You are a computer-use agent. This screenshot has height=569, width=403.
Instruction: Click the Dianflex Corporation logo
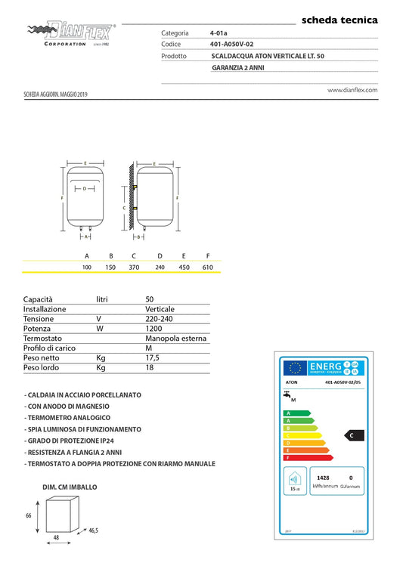click(71, 34)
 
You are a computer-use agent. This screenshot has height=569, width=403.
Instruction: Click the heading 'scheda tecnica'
click(339, 20)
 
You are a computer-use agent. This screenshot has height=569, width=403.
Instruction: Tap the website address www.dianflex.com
click(352, 89)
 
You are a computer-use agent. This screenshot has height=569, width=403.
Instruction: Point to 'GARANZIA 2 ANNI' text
click(238, 67)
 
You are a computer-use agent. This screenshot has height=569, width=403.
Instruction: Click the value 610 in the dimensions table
click(207, 267)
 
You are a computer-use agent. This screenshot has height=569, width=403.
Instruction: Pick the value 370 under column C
click(134, 267)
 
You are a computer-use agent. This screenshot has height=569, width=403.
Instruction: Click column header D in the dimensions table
click(160, 256)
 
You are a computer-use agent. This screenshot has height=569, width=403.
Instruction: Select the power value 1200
click(154, 329)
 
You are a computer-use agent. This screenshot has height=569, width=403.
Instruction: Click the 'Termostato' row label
click(42, 339)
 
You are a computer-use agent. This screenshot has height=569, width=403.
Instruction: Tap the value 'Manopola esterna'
click(175, 339)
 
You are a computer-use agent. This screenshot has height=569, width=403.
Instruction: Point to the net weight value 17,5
click(153, 357)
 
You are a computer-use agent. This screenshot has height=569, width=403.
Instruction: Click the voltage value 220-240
click(159, 320)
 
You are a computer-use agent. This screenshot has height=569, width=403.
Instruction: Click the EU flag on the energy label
click(295, 368)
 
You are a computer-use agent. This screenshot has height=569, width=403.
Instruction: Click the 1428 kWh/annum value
click(323, 478)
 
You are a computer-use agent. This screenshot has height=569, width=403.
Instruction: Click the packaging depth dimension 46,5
click(92, 531)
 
